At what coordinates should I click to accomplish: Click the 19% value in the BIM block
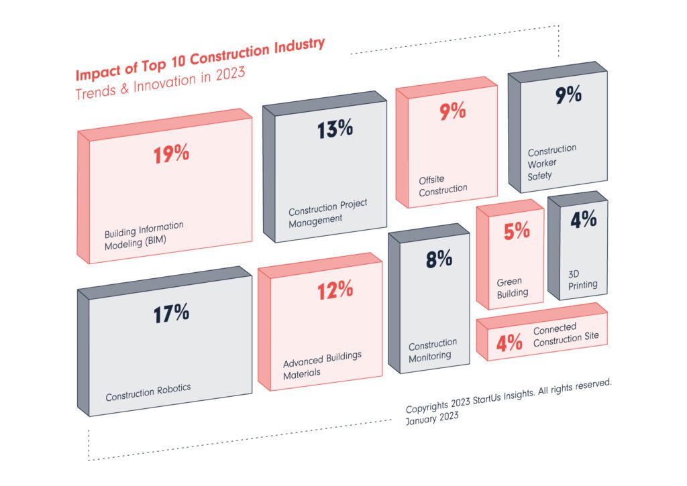pyautogui.click(x=171, y=154)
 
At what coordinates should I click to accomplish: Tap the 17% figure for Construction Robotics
pyautogui.click(x=171, y=314)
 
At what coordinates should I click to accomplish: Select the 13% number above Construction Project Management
pyautogui.click(x=335, y=129)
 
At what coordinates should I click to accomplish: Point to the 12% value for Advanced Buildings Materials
pyautogui.click(x=335, y=290)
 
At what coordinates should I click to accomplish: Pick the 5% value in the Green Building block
pyautogui.click(x=517, y=231)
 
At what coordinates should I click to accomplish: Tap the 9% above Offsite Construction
pyautogui.click(x=453, y=111)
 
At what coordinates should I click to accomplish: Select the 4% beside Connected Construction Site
pyautogui.click(x=509, y=344)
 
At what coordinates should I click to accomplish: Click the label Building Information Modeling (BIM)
pyautogui.click(x=144, y=235)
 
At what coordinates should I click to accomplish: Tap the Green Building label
pyautogui.click(x=513, y=287)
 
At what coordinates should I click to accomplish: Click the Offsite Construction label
pyautogui.click(x=443, y=185)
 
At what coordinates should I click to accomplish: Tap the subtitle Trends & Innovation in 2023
pyautogui.click(x=160, y=82)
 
